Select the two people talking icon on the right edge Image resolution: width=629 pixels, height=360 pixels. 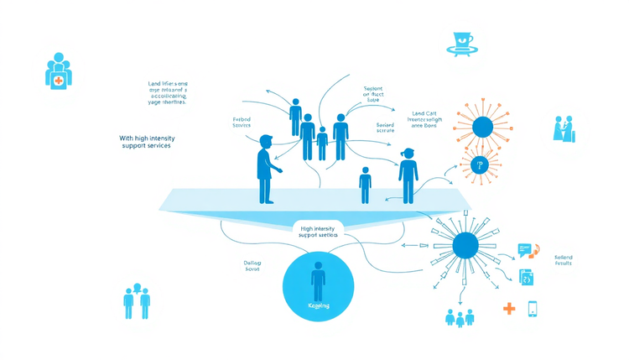coord(563,128)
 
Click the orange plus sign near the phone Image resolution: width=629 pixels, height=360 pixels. coord(508,308)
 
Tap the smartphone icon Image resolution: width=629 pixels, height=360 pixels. coord(533,309)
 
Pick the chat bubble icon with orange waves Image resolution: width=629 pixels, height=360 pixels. coord(527,249)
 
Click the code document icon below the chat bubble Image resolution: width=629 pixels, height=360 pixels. coord(526,278)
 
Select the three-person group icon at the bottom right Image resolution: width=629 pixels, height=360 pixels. coord(460,316)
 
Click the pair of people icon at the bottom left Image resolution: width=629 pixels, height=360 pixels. coord(137,300)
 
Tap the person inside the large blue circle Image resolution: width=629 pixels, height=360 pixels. coord(318,281)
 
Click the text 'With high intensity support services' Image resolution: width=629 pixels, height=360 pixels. coord(145,142)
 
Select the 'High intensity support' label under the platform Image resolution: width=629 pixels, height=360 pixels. coord(318,232)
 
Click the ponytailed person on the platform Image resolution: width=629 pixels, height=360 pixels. coord(408,175)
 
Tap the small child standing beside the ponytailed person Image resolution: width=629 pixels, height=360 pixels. coord(365,185)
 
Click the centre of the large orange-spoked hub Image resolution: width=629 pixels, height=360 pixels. coord(481,128)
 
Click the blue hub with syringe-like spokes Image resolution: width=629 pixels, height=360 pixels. coord(465,245)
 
